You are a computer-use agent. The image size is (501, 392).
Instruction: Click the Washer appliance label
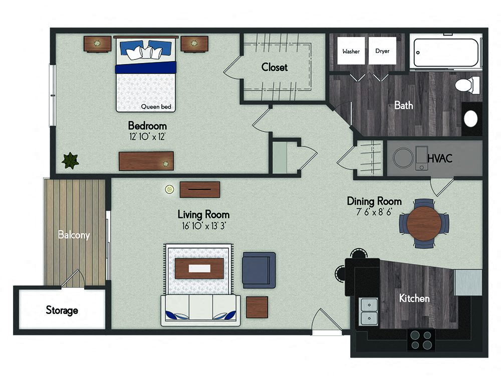pos(351,51)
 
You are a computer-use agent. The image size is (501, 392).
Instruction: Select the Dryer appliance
pos(382,51)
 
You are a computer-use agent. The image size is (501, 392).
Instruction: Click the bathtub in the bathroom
pos(445,52)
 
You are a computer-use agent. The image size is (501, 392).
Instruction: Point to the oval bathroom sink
pos(471,118)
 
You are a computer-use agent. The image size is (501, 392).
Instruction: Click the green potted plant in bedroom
pos(70,160)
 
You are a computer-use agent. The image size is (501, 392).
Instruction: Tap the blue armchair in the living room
pos(259,270)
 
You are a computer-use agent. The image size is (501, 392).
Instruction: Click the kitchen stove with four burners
pos(421,339)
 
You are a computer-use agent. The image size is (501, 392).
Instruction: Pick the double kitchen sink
pos(369,311)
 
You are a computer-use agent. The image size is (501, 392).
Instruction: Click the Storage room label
pos(62,310)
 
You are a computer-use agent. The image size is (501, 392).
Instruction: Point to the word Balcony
pos(74,234)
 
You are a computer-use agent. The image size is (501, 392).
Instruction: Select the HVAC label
pos(440,158)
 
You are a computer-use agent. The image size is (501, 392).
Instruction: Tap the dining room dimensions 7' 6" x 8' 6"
pos(374,212)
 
